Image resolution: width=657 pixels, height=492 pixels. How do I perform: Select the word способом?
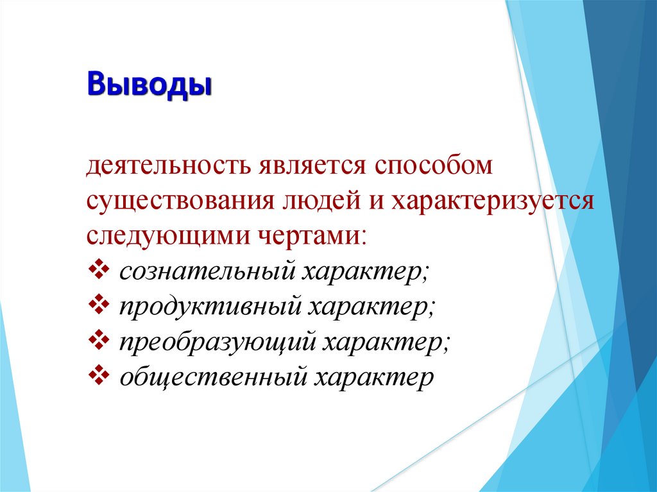434,167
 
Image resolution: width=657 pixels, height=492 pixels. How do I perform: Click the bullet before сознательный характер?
99,270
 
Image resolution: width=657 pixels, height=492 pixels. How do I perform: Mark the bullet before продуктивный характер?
99,306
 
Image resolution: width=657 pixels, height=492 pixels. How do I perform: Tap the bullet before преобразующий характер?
99,341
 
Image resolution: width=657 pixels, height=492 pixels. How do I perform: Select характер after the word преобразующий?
382,343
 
